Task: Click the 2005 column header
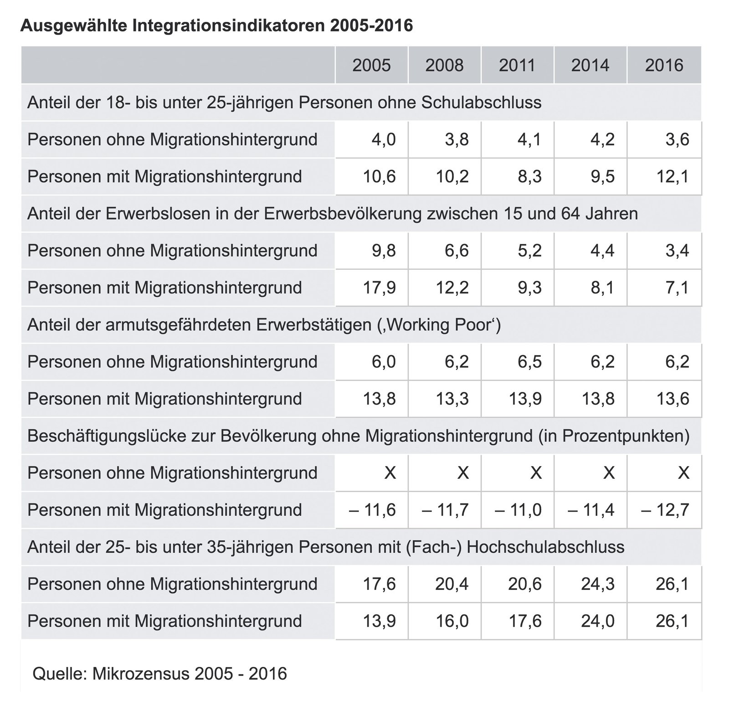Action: (371, 65)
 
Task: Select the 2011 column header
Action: (517, 65)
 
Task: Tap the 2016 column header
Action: (664, 65)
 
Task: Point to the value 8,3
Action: (529, 176)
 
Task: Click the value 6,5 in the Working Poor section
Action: (529, 361)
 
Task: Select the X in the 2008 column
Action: (463, 472)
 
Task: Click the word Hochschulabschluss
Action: (546, 546)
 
